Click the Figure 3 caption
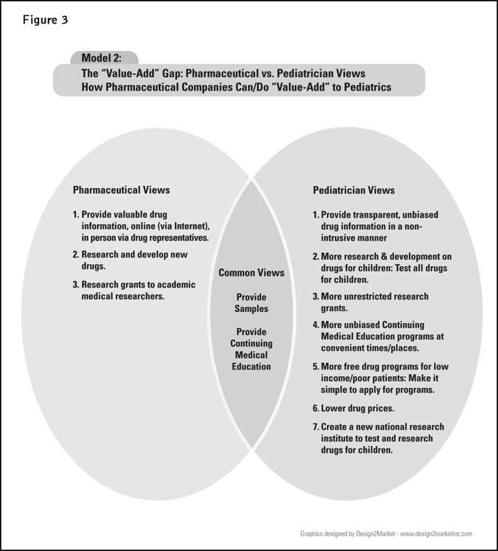(44, 20)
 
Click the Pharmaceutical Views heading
(121, 190)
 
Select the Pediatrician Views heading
(353, 190)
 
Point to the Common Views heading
(251, 273)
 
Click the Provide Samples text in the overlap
(251, 303)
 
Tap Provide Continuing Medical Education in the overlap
(251, 349)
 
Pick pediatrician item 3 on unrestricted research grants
(370, 302)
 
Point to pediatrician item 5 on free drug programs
(380, 377)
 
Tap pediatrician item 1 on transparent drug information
(374, 226)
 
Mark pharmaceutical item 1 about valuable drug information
(145, 226)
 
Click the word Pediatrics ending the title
(364, 87)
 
